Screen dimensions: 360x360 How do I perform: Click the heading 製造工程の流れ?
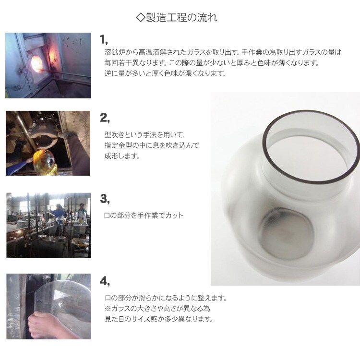coord(181,17)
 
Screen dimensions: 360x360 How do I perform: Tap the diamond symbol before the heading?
coord(141,17)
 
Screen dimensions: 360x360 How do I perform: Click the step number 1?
coord(104,39)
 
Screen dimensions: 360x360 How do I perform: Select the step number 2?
coord(105,118)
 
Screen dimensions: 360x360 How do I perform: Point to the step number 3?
coord(105,199)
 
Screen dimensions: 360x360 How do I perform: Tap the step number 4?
coord(105,281)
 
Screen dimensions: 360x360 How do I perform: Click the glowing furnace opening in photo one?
coord(37,63)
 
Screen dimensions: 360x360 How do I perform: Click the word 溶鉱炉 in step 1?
coord(115,52)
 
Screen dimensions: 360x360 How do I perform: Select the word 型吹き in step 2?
coord(114,134)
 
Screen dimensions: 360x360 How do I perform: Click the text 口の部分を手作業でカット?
coord(144,216)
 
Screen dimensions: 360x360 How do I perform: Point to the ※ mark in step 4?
coord(108,308)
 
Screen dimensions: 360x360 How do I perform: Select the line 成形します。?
coord(122,156)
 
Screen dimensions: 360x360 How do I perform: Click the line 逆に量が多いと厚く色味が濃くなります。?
coord(165,73)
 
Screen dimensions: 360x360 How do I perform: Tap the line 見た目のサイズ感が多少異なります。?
coord(159,319)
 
